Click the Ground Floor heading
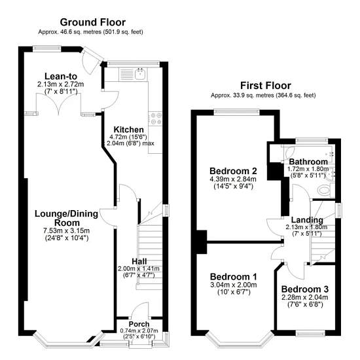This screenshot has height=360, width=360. tap(93, 22)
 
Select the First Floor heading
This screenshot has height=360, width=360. tap(266, 86)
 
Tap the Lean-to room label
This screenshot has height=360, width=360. tap(61, 76)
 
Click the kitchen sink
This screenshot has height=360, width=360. tap(140, 74)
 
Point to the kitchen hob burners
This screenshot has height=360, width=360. tap(155, 118)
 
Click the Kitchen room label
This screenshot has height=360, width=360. tap(128, 129)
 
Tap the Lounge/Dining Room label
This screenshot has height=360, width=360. tap(67, 218)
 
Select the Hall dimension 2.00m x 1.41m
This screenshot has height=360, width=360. tap(139, 268)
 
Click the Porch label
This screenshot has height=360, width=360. tap(139, 324)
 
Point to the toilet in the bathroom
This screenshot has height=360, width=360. tap(324, 190)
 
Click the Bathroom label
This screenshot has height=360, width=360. tap(308, 162)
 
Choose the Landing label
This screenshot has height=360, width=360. tap(307, 220)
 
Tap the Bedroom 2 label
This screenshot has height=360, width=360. tap(233, 171)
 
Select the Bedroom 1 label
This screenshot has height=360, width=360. tap(234, 277)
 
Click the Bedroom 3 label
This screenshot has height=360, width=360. tap(305, 289)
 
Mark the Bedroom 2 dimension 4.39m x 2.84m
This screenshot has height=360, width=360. tap(233, 179)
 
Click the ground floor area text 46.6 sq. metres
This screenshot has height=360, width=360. tap(81, 32)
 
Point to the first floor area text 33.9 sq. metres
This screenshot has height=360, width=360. tap(253, 96)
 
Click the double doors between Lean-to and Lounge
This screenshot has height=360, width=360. tap(59, 104)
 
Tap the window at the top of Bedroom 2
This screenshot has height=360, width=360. tap(237, 113)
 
